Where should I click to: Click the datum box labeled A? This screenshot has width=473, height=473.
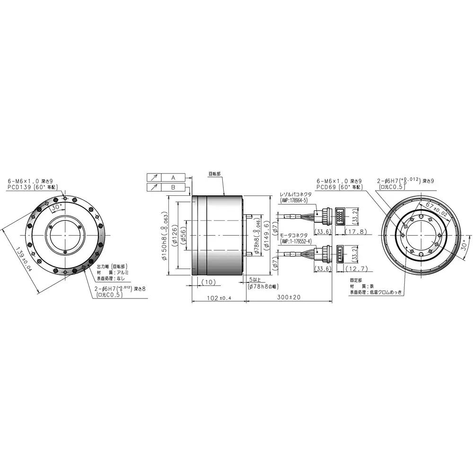(x=173, y=177)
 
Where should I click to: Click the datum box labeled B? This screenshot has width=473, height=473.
(x=173, y=187)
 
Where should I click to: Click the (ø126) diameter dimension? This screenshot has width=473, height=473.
(x=174, y=235)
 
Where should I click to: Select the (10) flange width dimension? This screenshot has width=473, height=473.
(x=208, y=282)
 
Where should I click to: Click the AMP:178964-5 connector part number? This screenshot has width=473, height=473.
(x=294, y=201)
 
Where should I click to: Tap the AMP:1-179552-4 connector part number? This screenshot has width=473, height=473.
(x=296, y=241)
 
